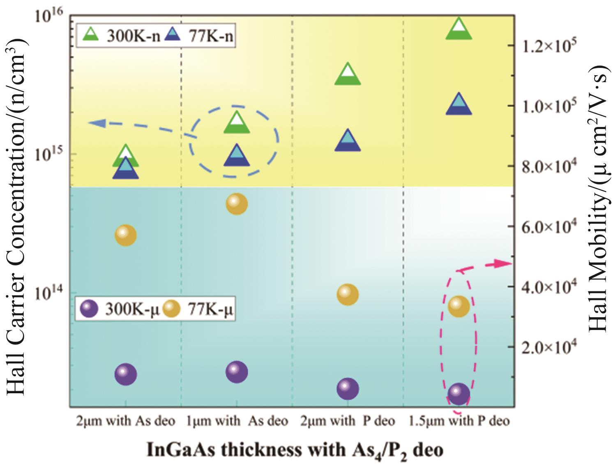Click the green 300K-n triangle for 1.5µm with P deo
coord(459,30)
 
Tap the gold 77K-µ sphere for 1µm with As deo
coord(237,203)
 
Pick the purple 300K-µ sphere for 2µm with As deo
coord(126,374)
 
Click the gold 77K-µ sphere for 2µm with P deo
coord(348,295)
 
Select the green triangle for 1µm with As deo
coord(237,123)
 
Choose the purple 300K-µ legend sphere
coord(89,309)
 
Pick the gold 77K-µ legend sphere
coord(171,309)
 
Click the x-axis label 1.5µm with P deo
coord(459,421)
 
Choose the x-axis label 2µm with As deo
coord(126,421)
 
